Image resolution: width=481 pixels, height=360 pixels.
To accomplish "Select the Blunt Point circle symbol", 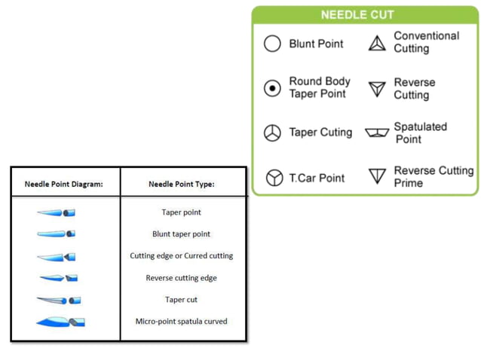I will tap(272, 44).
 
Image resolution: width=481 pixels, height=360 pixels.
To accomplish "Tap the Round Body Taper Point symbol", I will tap(272, 88).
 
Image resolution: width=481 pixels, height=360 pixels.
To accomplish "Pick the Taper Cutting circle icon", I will tap(272, 133).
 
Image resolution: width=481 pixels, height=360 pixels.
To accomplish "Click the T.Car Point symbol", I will tap(274, 178).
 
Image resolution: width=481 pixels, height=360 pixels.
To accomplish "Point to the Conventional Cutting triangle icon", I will tap(377, 43).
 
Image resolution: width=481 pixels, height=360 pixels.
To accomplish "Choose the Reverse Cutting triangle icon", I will tap(377, 89).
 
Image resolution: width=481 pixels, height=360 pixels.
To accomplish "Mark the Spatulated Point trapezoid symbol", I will tap(377, 133).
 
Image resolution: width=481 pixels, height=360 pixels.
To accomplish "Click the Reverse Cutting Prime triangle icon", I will tap(377, 177).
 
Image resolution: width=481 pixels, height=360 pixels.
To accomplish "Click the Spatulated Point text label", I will tap(421, 133).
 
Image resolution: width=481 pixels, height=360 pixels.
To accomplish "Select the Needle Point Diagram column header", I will tap(64, 184).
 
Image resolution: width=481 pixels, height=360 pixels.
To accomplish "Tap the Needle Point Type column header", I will tap(182, 184).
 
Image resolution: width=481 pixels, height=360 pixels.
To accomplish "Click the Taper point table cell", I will tap(182, 212).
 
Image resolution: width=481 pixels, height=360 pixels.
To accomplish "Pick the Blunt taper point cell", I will tap(182, 234).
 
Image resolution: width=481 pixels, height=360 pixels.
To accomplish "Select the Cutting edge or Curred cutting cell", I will tap(182, 256).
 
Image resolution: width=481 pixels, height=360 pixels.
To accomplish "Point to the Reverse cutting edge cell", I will tap(182, 278).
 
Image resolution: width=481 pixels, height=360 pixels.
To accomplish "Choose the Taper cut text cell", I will tap(182, 300).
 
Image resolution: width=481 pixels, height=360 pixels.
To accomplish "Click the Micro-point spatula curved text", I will tap(182, 322).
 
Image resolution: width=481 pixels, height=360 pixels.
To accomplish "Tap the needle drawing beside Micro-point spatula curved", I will tap(60, 322).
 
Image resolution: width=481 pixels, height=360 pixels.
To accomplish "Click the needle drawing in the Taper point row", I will tap(57, 213).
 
